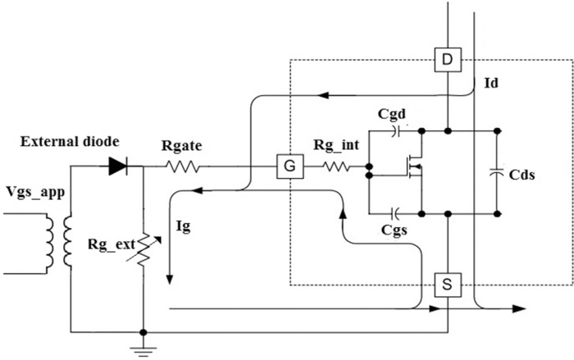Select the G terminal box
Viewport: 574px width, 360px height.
point(289,168)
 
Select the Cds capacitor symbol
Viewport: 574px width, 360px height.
point(497,172)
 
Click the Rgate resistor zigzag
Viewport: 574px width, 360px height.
point(184,167)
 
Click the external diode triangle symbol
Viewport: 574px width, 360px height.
point(117,167)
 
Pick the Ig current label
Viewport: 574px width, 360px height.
point(184,226)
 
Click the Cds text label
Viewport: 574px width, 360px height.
point(522,175)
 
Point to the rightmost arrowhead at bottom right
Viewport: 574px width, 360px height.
point(520,309)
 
